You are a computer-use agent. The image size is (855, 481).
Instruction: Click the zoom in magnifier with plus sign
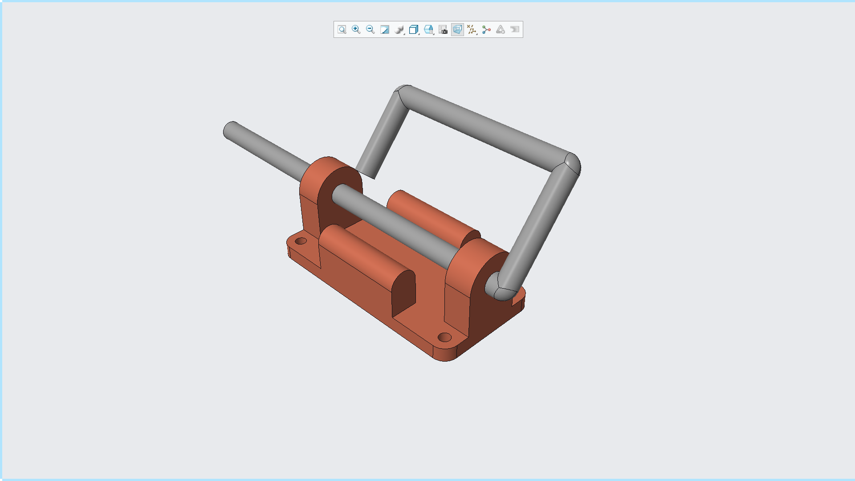[356, 29]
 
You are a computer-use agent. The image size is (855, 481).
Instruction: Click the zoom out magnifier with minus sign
[370, 29]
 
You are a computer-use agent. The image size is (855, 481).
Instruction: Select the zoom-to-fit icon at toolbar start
[342, 29]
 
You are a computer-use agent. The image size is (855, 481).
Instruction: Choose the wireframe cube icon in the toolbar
[414, 29]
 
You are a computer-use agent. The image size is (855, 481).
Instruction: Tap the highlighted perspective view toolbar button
[457, 29]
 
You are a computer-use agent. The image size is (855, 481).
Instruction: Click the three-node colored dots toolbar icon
[486, 29]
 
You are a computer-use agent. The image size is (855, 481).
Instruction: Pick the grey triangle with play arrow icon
[501, 29]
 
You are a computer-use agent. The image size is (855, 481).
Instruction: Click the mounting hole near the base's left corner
[301, 241]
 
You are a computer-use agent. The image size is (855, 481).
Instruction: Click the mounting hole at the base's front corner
[444, 337]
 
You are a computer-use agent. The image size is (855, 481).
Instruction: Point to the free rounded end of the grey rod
[230, 130]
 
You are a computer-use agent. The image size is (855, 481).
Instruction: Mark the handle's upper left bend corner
[403, 94]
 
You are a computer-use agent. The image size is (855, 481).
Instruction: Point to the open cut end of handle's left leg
[366, 174]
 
